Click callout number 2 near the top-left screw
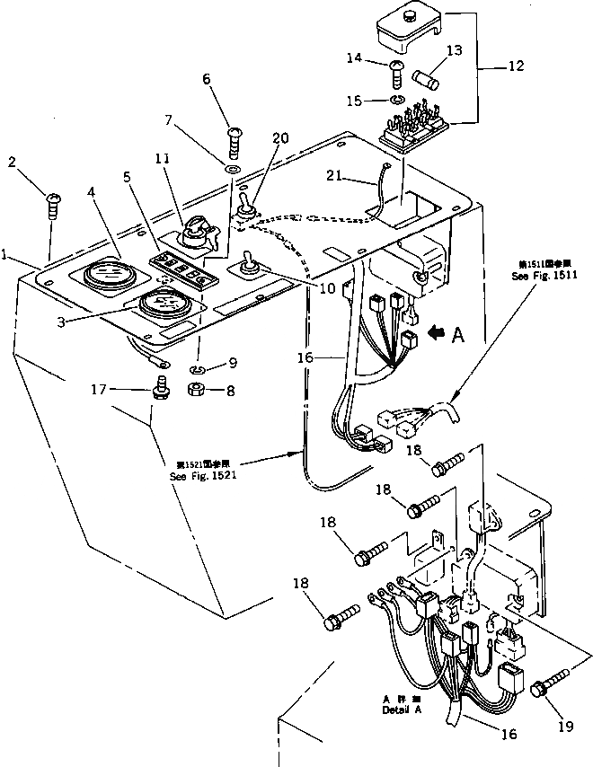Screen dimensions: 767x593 point(13,162)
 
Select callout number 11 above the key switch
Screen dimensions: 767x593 point(163,160)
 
